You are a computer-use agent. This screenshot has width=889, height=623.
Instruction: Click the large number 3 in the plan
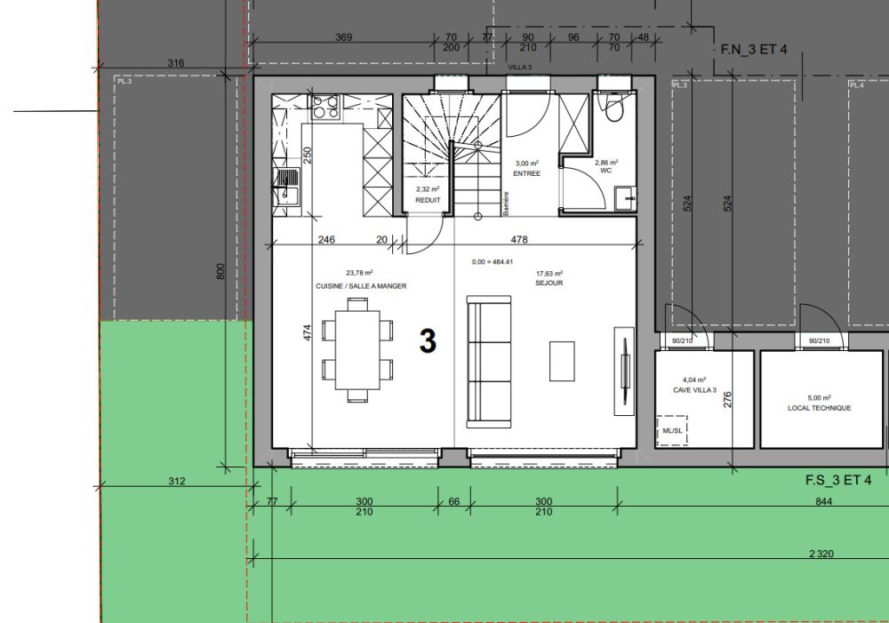[x=428, y=341]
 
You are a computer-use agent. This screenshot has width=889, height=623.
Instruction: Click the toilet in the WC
[x=613, y=108]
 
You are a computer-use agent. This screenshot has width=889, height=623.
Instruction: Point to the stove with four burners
[x=324, y=107]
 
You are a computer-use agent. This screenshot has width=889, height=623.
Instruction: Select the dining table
[x=358, y=349]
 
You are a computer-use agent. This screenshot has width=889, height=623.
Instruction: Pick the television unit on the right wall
[x=625, y=369]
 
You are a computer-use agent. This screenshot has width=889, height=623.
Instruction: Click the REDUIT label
[x=428, y=200]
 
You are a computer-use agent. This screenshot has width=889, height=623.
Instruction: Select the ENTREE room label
[x=527, y=173]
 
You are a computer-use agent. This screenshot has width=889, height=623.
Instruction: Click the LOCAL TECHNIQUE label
[x=819, y=408]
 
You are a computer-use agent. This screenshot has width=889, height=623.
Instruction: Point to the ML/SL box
[x=672, y=431]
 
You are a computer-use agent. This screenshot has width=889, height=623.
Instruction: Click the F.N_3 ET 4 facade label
[x=753, y=50]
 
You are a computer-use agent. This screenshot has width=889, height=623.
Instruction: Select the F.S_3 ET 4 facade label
[x=838, y=481]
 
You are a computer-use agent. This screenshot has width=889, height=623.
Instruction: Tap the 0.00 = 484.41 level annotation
[x=493, y=262]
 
